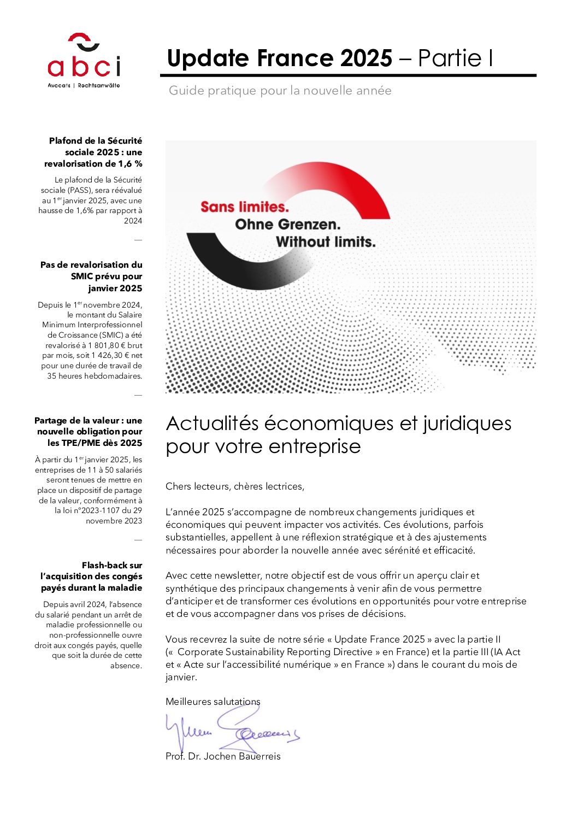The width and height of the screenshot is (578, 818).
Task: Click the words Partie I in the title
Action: [456, 58]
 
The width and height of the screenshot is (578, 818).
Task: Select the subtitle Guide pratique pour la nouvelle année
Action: [280, 91]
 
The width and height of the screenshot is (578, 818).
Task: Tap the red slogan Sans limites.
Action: [244, 207]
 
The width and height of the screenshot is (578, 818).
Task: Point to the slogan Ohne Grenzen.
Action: [287, 225]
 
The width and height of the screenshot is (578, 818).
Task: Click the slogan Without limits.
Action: [326, 242]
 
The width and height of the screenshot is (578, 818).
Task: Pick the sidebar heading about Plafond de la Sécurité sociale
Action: [94, 152]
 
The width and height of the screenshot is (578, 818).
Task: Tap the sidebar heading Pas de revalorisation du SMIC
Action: [92, 276]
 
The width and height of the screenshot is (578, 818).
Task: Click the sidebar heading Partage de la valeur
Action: [89, 432]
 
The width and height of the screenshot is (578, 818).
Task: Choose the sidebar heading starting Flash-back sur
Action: [92, 576]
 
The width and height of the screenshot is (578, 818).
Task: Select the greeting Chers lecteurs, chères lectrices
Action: [235, 486]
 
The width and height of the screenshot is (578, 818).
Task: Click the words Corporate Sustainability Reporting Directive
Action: [275, 652]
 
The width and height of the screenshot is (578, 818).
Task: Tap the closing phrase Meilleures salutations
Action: [213, 702]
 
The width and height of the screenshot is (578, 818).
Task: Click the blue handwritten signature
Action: [232, 729]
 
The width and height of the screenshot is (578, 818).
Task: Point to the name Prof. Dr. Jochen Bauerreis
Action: [223, 756]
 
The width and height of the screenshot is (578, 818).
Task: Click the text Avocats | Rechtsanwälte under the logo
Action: [84, 86]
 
